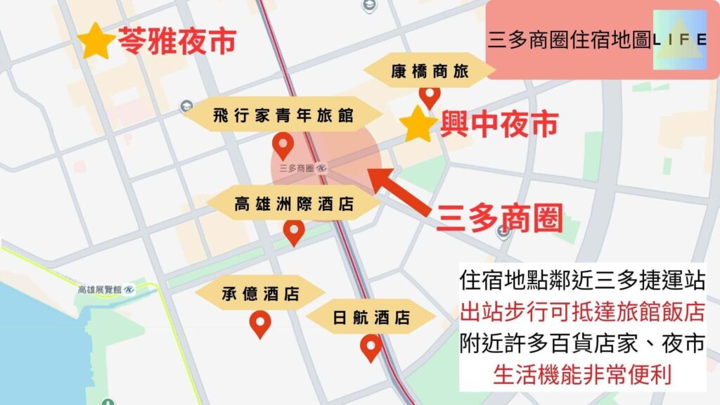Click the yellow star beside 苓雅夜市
click(96, 41)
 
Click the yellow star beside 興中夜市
click(419, 124)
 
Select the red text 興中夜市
click(499, 125)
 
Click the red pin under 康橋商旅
click(429, 96)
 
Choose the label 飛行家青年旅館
click(283, 116)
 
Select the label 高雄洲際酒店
click(294, 205)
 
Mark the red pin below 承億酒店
click(261, 323)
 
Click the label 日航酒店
click(371, 317)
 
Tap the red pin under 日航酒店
click(371, 347)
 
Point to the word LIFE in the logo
click(679, 39)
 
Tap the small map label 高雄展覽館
click(99, 289)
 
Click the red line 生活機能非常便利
click(583, 373)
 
